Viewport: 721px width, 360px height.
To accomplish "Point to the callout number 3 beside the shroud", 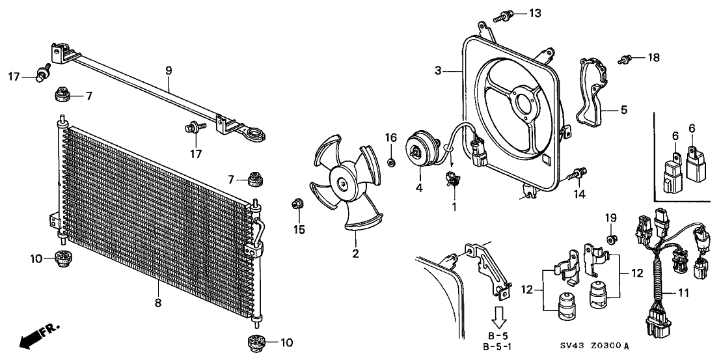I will coord(438,70).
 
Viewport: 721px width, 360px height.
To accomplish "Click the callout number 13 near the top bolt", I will coord(534,13).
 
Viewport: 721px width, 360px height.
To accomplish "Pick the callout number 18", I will coord(653,58).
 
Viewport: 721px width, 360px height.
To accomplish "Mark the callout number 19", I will coord(610,217).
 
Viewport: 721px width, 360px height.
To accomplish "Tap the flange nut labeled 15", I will coord(296,204).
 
